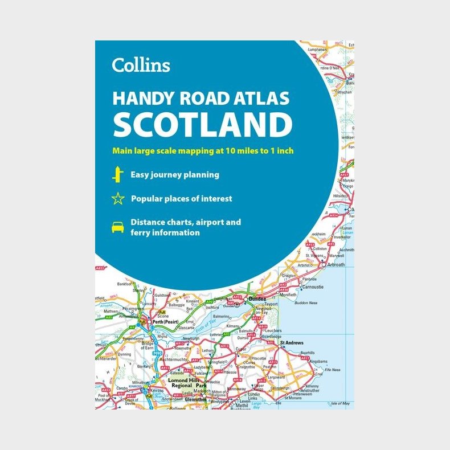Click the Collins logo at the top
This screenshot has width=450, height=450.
pos(141,65)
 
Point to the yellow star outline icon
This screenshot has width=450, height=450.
pos(118,199)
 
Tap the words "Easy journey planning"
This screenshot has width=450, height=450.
pos(175,175)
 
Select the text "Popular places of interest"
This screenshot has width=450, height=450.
pos(181,199)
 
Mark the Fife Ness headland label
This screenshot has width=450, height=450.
pos(333,370)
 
